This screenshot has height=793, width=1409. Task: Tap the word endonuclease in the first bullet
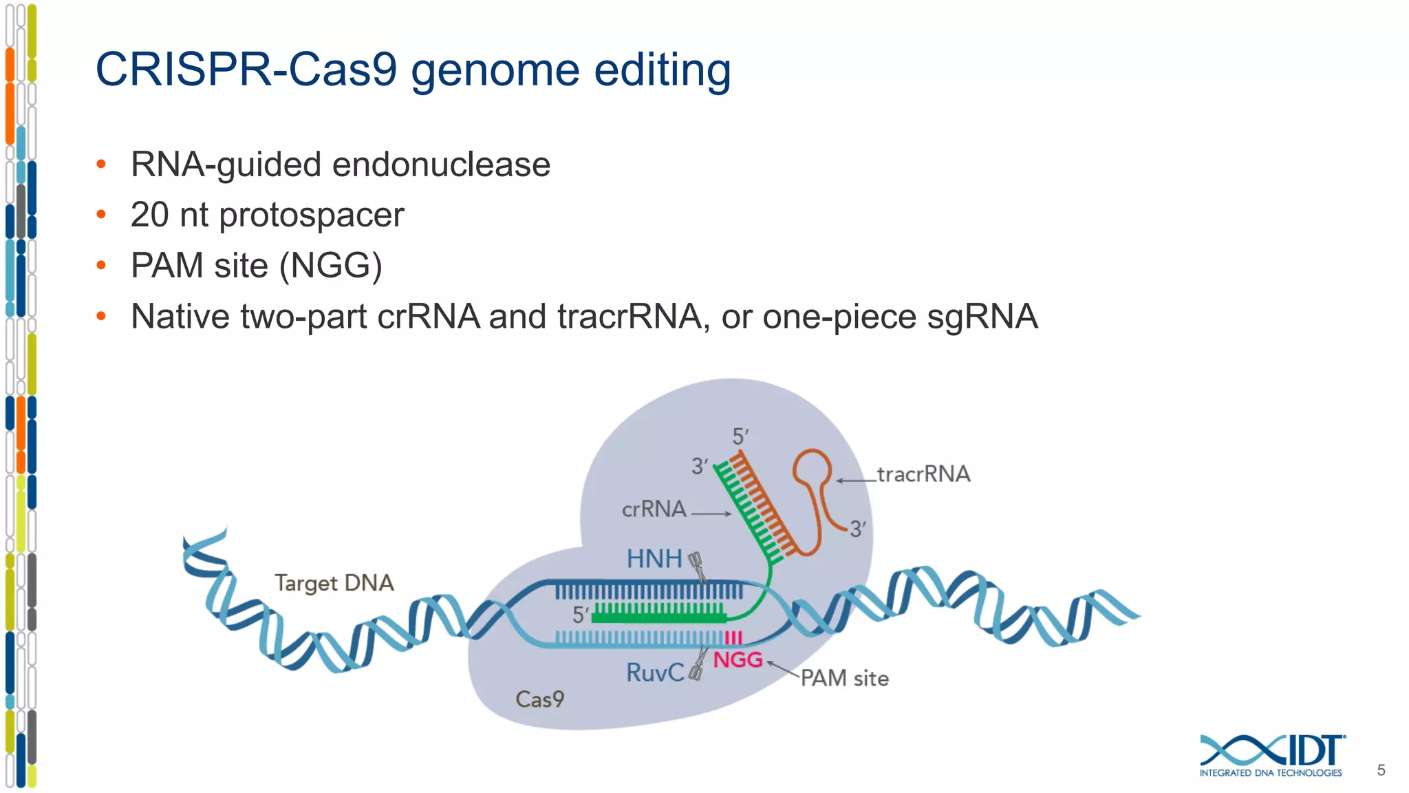(441, 165)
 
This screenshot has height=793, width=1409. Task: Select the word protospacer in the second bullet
(311, 215)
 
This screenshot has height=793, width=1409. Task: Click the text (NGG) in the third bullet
(330, 266)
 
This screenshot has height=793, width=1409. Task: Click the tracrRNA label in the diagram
(923, 474)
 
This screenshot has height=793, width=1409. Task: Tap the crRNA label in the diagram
(654, 509)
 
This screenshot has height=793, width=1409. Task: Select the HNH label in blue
(654, 559)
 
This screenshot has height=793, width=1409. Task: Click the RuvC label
(654, 673)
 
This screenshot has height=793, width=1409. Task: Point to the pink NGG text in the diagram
(738, 660)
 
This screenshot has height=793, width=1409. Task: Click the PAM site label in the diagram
(844, 679)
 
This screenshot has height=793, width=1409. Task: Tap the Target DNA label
(334, 583)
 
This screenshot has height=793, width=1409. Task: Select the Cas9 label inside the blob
(540, 699)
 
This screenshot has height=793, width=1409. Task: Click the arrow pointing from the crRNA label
(711, 514)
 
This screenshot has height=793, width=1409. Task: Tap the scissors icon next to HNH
(697, 566)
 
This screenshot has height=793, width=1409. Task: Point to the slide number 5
(1381, 770)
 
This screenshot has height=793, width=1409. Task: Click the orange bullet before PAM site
(101, 265)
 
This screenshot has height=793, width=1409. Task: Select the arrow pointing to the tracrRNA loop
(856, 480)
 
